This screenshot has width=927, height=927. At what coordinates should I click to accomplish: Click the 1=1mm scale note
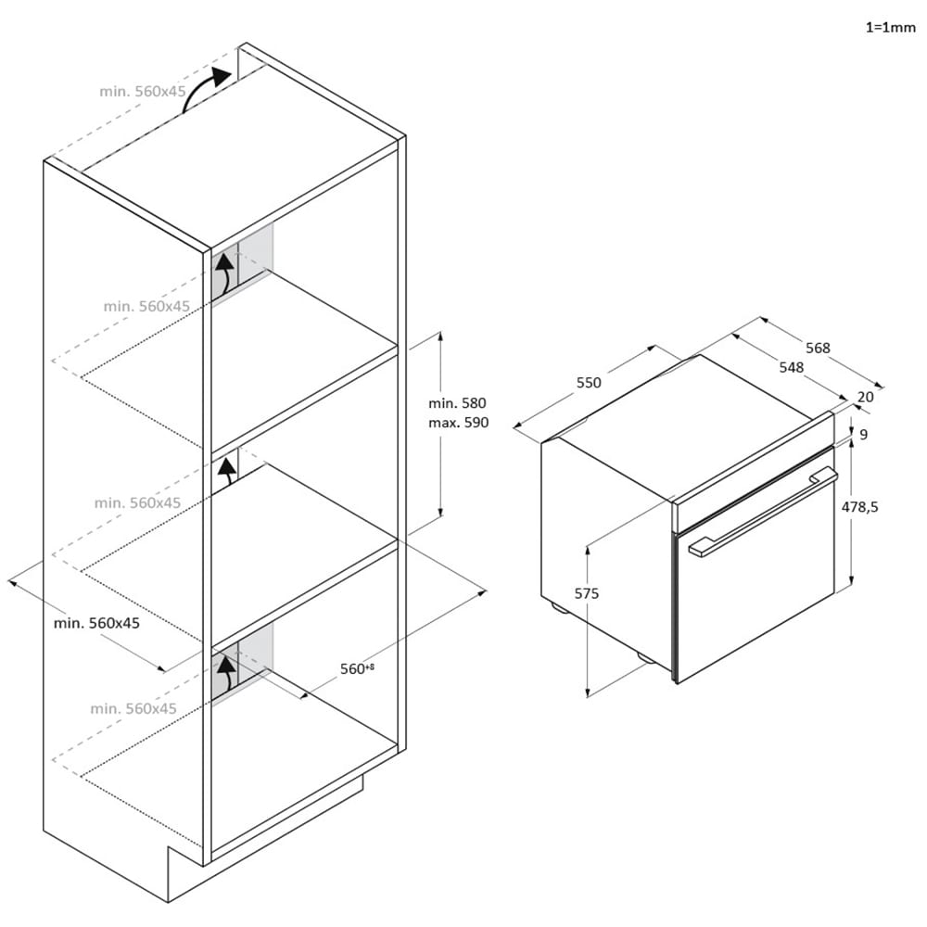point(890,27)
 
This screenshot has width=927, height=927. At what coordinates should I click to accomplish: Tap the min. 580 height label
point(457,403)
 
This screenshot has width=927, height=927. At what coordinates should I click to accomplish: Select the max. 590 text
point(459,423)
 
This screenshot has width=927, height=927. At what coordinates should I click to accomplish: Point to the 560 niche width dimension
point(352,668)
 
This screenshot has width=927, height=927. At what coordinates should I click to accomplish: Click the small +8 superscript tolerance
point(370,667)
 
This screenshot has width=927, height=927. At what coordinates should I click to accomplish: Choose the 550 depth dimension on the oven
point(589,383)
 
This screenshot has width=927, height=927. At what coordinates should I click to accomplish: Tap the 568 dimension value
point(818,349)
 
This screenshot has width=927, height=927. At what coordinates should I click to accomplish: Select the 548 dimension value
point(791,368)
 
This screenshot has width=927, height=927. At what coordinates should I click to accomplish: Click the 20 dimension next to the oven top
point(865,398)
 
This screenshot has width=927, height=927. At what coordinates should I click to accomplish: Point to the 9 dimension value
point(864,435)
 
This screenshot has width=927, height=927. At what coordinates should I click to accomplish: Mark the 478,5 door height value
point(860,507)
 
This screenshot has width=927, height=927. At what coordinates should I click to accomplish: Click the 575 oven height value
point(587,593)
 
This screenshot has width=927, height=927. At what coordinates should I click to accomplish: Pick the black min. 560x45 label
point(96,623)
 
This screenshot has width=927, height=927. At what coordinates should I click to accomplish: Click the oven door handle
point(763,512)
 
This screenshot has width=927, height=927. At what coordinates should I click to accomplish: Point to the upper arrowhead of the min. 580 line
point(439,336)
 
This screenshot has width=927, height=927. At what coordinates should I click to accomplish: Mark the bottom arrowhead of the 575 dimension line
point(588,692)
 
